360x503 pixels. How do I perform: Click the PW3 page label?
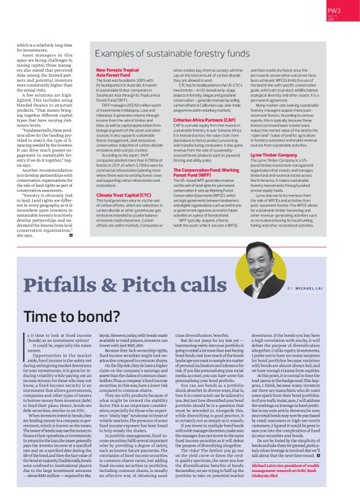(x=334, y=11)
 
